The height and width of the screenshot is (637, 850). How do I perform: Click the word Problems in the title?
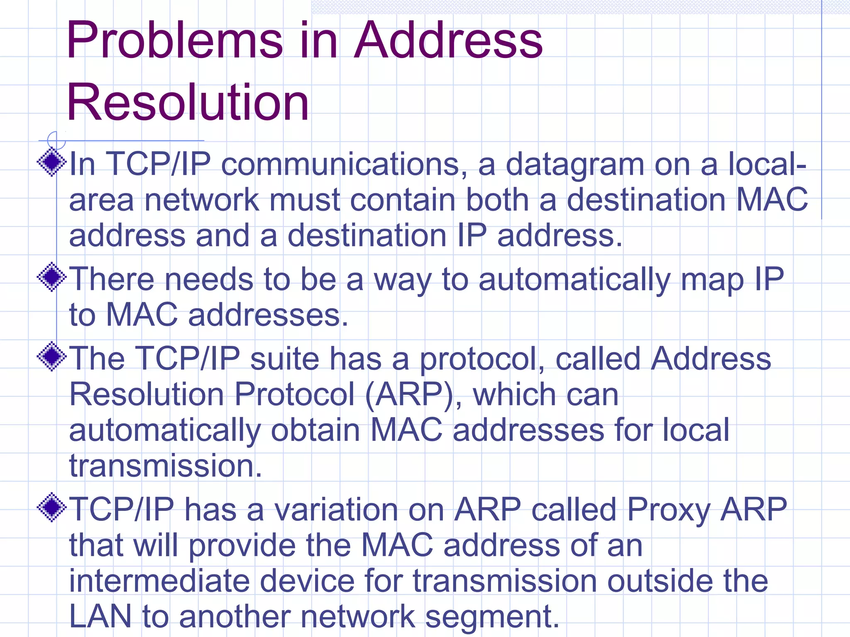[174, 41]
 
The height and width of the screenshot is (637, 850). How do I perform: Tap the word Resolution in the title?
[188, 102]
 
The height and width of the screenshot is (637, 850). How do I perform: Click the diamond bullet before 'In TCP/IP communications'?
[52, 162]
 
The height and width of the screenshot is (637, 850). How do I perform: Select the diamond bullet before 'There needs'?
[52, 277]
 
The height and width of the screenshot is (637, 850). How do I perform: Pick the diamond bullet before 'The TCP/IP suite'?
[52, 356]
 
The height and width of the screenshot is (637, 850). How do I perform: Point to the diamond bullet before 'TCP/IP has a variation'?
[52, 507]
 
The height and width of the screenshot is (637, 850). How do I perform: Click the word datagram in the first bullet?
[575, 165]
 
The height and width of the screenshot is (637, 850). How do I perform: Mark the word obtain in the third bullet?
[315, 430]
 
